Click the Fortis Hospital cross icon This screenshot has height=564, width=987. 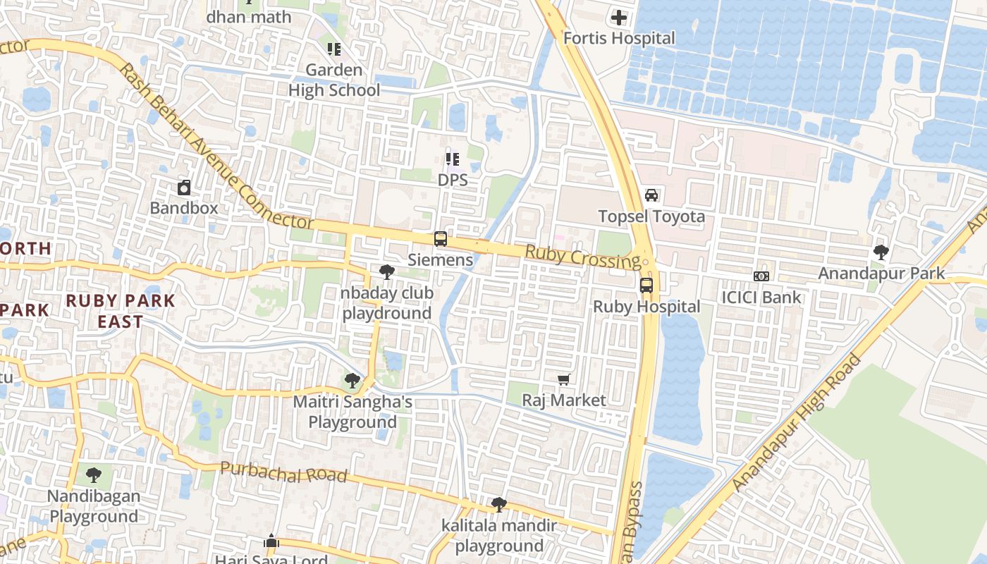coord(619,18)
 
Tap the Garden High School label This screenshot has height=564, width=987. coord(334,80)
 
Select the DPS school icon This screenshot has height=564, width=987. coord(452,160)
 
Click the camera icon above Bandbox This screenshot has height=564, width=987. coord(184,188)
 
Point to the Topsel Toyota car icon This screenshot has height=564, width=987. coord(651,195)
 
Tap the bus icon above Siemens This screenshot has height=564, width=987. coord(441,239)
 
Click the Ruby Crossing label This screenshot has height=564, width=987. coord(582,257)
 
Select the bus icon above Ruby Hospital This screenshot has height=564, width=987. coord(646,286)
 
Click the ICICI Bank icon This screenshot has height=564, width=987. coord(761,276)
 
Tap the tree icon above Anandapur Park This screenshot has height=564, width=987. coord(881,252)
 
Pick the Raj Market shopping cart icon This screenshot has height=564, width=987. coord(563,380)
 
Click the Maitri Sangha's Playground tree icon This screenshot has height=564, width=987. coord(352,381)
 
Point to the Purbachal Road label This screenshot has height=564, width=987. coord(284,472)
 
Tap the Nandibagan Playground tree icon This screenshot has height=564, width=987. coord(94,475)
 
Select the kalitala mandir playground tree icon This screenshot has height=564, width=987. coord(499,505)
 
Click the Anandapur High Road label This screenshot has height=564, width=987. coord(797,424)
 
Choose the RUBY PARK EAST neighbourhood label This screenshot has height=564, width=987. coord(121,311)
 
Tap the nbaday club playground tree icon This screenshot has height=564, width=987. coord(386,272)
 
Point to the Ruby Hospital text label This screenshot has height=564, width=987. coord(646,307)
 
